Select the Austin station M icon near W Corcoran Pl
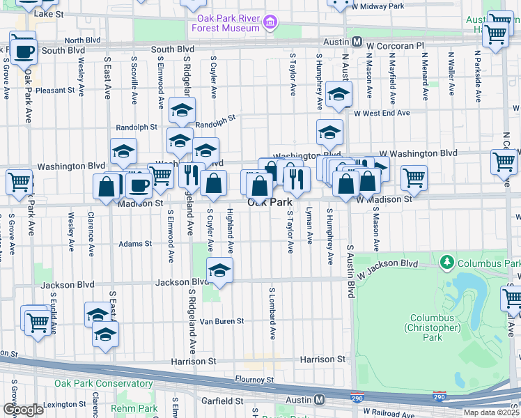click(x=356, y=42)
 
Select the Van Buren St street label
click(x=221, y=321)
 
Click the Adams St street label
click(x=134, y=244)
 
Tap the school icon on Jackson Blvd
click(x=219, y=271)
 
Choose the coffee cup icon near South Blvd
click(x=23, y=51)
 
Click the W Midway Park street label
click(x=378, y=6)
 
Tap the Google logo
click(x=23, y=409)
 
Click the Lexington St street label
click(x=63, y=405)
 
